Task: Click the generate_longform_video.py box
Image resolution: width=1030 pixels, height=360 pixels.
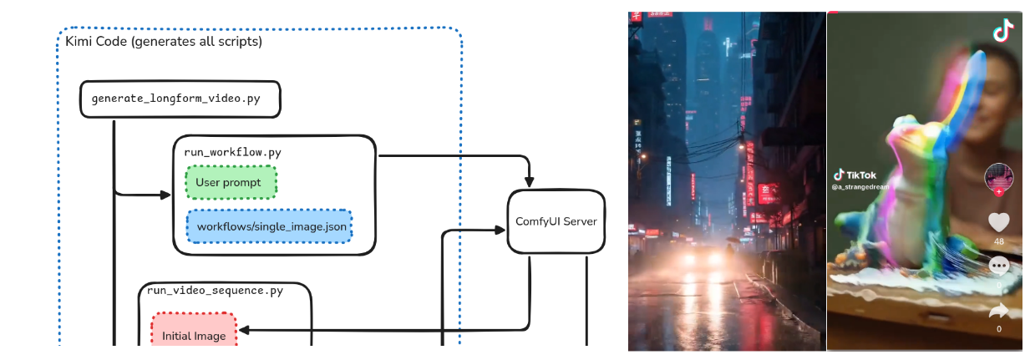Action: coord(180,99)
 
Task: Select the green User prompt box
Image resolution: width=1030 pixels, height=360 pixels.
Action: coord(230,182)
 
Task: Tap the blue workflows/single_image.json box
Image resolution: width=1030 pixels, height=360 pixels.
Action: coord(269,226)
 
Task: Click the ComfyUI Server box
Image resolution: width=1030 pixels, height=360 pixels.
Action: coord(556,221)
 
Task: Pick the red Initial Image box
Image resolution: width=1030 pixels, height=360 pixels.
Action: coord(194,336)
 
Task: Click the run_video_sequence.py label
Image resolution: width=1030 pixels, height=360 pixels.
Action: coord(216,291)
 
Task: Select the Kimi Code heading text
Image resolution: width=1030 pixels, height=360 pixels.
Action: coord(164,41)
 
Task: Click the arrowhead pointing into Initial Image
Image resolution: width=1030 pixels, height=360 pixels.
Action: coord(245,330)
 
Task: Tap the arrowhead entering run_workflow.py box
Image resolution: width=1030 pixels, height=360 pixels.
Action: coord(165,195)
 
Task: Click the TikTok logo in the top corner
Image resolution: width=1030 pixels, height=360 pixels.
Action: coord(1002,32)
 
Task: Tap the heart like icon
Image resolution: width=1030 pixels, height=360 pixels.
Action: coord(999,222)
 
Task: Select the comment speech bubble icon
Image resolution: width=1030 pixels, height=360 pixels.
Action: coord(999,266)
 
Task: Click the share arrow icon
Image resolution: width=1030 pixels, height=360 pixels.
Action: coord(999,311)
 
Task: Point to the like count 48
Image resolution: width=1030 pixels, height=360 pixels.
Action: coord(999,241)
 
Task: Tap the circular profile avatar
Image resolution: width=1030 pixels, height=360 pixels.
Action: coord(999,177)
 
